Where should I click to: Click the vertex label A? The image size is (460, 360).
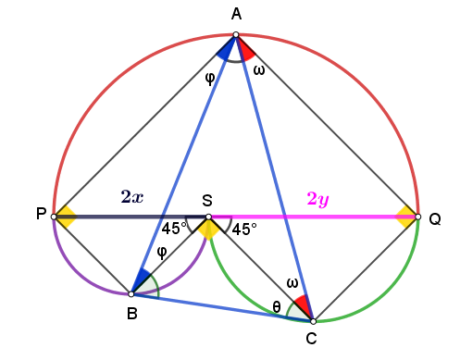pos(236,14)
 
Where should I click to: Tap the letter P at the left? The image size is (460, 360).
pos(42,214)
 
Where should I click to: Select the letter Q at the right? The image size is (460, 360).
pos(435,219)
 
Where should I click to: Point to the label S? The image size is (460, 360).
pos(207,201)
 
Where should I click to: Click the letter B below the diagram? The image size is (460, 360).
pos(132,314)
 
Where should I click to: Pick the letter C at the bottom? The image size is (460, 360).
pos(311,339)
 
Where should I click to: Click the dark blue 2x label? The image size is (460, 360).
pos(132,196)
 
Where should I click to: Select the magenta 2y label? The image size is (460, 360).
pos(318,199)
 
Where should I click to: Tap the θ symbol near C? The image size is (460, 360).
pos(277,306)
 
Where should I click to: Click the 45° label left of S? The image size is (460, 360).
pos(174,229)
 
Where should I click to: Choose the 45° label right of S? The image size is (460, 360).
pos(244,230)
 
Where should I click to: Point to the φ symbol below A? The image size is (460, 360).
pos(210,79)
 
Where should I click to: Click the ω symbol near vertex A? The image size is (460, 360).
pos(259,70)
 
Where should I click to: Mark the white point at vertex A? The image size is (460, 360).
pos(236,34)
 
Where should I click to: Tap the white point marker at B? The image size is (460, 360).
pos(131,294)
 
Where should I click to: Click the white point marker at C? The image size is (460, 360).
pos(313,321)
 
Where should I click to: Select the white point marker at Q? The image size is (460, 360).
pos(418,217)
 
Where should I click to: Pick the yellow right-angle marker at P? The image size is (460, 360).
pos(67,217)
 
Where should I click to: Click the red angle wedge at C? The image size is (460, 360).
pos(303,304)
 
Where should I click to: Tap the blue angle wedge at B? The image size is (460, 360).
pos(142,280)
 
